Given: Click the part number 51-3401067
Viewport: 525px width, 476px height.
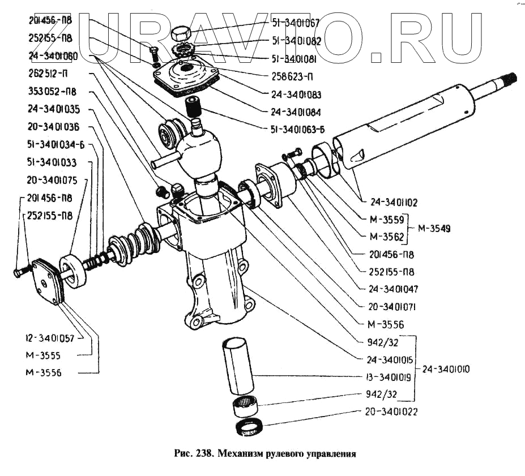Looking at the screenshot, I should pos(296,23).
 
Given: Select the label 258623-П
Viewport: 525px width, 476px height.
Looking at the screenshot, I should pos(293,76).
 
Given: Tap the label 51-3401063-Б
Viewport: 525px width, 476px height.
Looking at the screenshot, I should pos(298,129).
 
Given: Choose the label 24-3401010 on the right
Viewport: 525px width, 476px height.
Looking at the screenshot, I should pos(446,369).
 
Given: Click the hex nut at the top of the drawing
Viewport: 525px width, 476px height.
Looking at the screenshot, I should pos(182,33).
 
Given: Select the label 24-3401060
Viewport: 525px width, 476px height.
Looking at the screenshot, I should pos(54,56).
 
